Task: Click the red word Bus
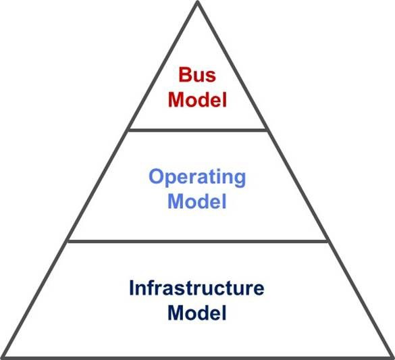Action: point(197,74)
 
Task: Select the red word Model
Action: point(197,99)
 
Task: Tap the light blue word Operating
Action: point(197,178)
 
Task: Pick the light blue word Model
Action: point(197,201)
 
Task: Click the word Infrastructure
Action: point(196,288)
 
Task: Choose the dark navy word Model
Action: point(197,313)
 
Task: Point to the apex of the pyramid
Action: point(198,1)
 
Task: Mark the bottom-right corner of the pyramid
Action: point(393,358)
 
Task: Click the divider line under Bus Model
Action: point(198,130)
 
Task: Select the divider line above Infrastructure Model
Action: point(198,241)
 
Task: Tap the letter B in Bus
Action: point(185,74)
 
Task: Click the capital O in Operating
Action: point(156,176)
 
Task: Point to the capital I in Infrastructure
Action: point(131,288)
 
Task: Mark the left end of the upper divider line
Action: point(129,130)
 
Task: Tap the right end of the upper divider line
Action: point(267,130)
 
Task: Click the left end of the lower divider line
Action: point(68,241)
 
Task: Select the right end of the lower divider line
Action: point(327,241)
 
